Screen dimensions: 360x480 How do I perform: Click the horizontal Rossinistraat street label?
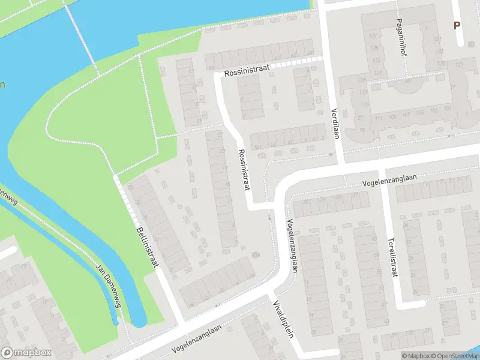click(x=247, y=70)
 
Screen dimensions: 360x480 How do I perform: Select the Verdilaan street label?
click(x=335, y=123)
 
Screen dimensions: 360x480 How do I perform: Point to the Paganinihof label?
click(x=400, y=36)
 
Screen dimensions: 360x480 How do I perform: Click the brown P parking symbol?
click(x=457, y=26)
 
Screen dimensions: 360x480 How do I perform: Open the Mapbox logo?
click(x=26, y=353)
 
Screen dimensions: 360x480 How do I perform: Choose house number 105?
click(x=418, y=112)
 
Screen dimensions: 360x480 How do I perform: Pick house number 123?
click(x=377, y=61)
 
